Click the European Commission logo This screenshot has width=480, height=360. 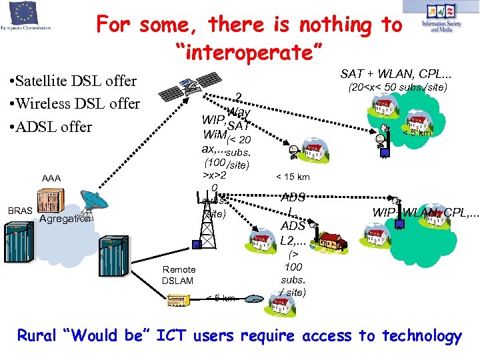point(26,19)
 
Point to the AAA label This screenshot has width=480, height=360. point(51,179)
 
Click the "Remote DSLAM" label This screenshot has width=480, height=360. point(177,275)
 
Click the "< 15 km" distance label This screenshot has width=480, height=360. point(293,177)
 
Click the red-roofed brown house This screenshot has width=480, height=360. point(331,239)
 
